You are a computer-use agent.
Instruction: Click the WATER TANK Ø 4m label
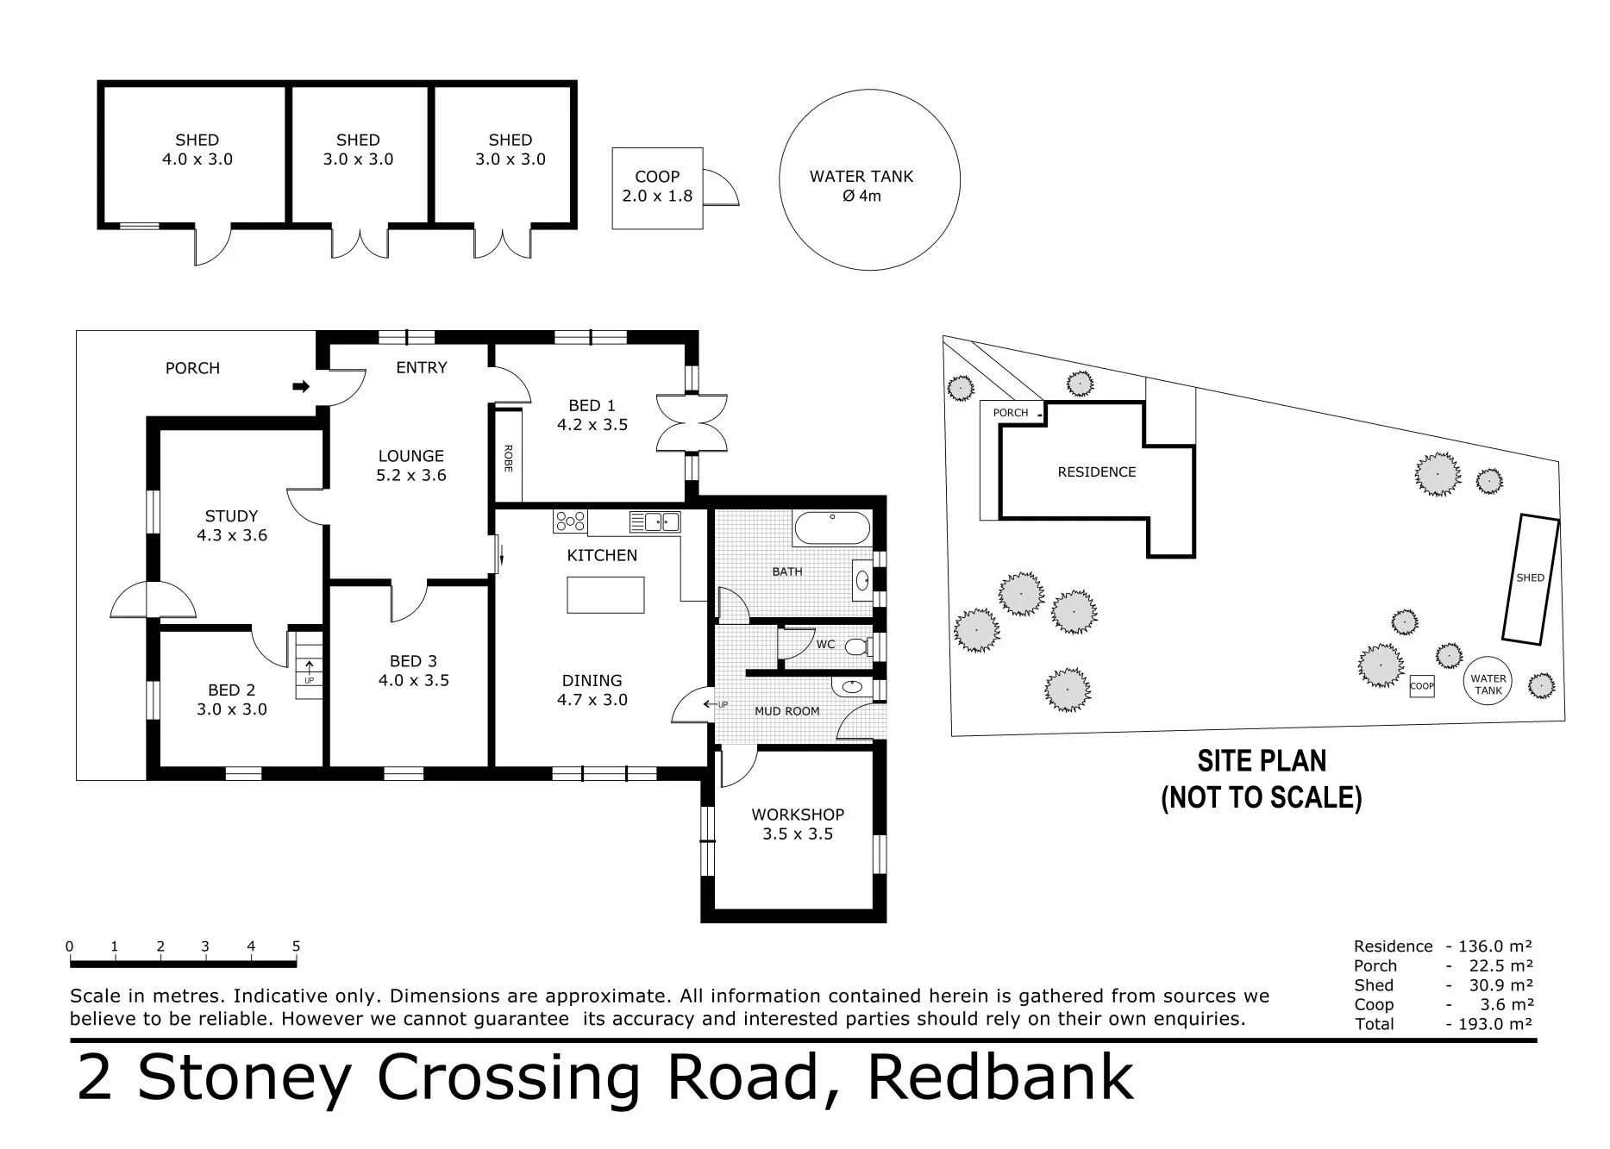(x=861, y=185)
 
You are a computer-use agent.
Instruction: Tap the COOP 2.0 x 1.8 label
(x=657, y=186)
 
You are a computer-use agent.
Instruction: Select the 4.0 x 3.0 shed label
(x=197, y=149)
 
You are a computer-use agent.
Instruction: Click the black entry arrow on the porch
(x=301, y=387)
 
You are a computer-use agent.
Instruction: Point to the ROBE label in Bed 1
(x=508, y=458)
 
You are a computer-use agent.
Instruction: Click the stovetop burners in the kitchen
(x=570, y=521)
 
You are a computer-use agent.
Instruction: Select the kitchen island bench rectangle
(x=605, y=595)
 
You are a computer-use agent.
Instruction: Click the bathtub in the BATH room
(x=831, y=528)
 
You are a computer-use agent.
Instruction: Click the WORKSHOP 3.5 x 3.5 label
(x=798, y=824)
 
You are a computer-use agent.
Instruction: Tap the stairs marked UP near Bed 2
(x=310, y=665)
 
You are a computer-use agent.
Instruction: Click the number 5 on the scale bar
(x=296, y=946)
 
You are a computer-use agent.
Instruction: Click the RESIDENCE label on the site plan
(x=1096, y=472)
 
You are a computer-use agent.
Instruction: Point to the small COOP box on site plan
(x=1421, y=687)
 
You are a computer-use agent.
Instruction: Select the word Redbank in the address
(x=999, y=1077)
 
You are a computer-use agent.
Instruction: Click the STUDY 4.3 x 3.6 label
(x=231, y=526)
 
